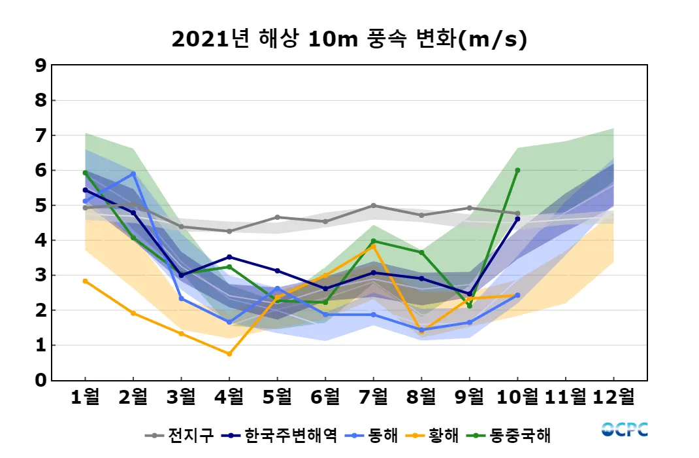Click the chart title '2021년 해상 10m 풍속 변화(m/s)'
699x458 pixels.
pos(349,39)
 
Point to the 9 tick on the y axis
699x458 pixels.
pos(41,65)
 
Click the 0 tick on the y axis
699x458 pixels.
pos(41,380)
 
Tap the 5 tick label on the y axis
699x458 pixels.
pos(41,205)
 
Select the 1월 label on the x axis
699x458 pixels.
pos(85,396)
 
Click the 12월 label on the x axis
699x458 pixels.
pos(613,396)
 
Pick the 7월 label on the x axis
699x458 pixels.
pos(374,396)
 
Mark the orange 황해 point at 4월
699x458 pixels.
pos(229,354)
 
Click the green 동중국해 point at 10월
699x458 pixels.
pos(517,170)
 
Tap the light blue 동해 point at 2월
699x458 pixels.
pos(133,174)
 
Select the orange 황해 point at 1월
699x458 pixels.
pos(85,281)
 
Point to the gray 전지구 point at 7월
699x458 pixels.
pos(374,205)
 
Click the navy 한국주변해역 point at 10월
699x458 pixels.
pos(517,219)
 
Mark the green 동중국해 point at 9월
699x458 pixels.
pos(470,306)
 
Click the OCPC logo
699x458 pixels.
pos(625,429)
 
